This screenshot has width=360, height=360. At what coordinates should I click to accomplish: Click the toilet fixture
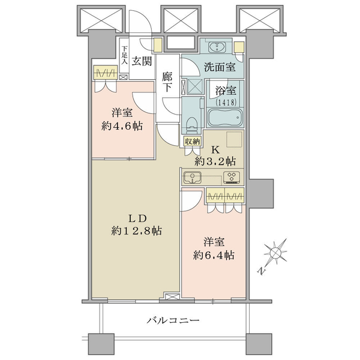coord(191,125)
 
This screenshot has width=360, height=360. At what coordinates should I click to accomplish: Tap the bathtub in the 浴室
coord(225,117)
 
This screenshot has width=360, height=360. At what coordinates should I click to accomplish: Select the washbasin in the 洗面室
coord(217,47)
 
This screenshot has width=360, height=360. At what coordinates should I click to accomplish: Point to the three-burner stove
coord(232,177)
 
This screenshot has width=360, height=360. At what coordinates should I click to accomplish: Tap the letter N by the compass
coord(260,271)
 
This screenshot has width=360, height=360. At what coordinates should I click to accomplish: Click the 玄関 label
coord(142,61)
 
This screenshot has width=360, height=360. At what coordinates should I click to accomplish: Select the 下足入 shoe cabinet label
coord(124,55)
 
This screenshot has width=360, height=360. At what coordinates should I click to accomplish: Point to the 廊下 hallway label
coord(167,82)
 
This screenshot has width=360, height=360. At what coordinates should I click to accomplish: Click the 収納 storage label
coord(193,142)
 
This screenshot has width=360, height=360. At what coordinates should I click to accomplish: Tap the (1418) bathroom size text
coord(226,103)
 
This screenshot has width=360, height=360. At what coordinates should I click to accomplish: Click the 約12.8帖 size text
coord(136,231)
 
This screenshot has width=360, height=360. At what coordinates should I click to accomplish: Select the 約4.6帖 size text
coord(122,126)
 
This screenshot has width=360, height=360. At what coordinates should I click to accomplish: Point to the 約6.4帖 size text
coord(214,255)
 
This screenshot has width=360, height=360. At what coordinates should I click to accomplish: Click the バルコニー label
coord(173,320)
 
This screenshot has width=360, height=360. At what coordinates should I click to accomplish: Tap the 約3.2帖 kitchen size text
coord(215,161)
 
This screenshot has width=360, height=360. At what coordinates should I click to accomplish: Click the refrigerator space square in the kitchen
coord(234,139)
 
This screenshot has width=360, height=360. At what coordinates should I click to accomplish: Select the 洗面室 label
coord(220,67)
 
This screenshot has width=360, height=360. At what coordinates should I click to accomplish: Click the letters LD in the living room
coord(137,218)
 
